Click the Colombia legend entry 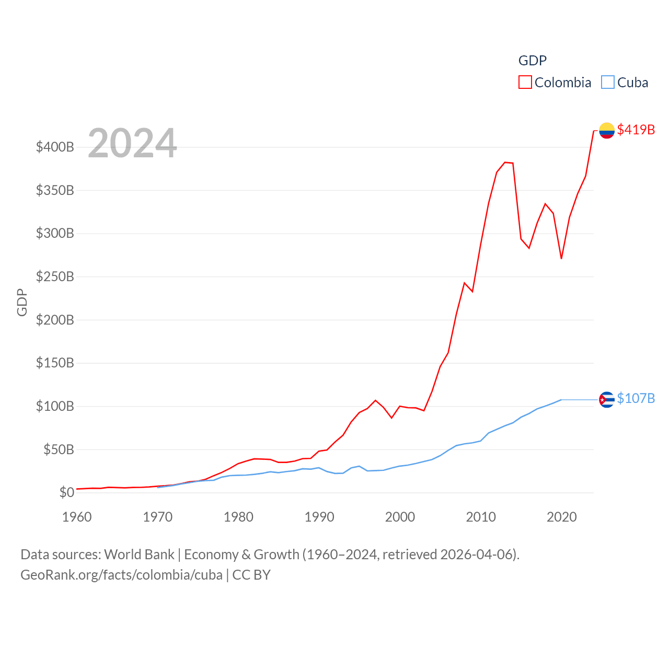(x=555, y=83)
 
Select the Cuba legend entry (x=625, y=83)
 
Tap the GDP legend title (x=532, y=61)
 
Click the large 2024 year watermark (x=132, y=143)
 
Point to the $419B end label (x=636, y=130)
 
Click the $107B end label (x=636, y=398)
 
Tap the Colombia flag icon (x=607, y=130)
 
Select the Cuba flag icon (x=607, y=400)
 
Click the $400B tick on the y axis (x=55, y=147)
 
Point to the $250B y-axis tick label (x=55, y=276)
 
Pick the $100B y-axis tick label (x=55, y=406)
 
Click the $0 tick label (x=66, y=492)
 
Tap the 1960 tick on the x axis (x=77, y=517)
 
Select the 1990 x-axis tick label (x=319, y=517)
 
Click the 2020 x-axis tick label (x=561, y=517)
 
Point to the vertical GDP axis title (x=22, y=302)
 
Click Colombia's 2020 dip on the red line (x=561, y=258)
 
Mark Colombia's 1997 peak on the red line (x=375, y=400)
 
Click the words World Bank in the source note (x=139, y=554)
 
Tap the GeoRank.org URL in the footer (x=121, y=575)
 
